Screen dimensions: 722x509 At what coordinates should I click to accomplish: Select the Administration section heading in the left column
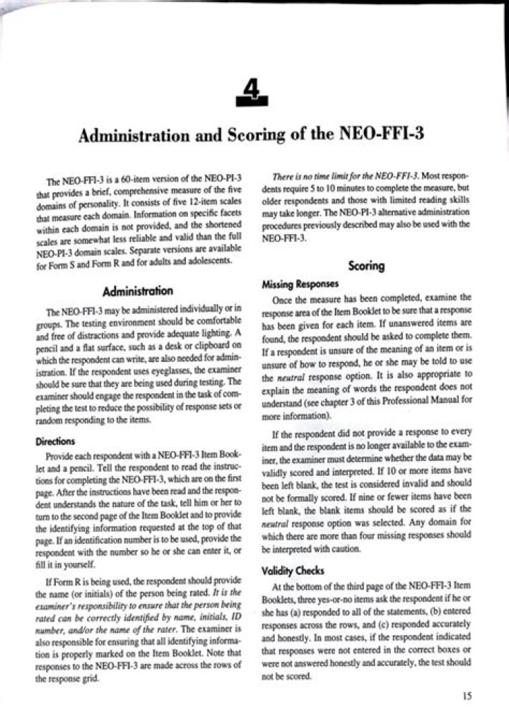[137, 291]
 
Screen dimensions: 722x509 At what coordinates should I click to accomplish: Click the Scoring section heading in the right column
[367, 266]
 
